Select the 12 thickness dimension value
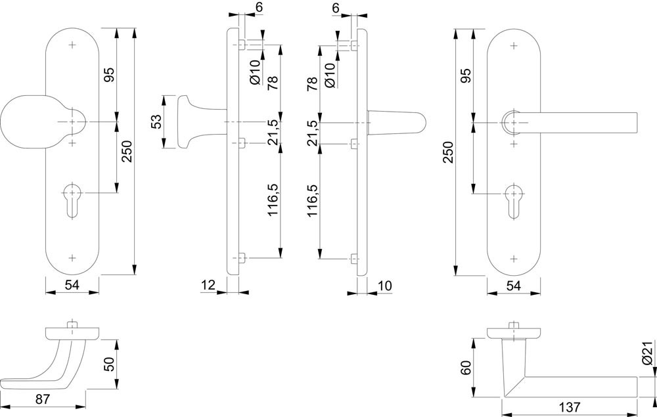pyautogui.click(x=209, y=284)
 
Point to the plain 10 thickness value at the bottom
pyautogui.click(x=384, y=284)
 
